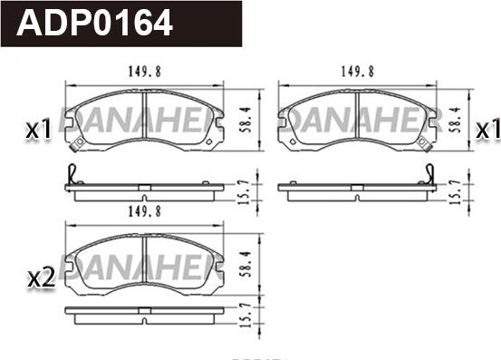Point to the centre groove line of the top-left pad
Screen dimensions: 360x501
(x=145, y=116)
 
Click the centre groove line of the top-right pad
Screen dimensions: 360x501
(x=359, y=116)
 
